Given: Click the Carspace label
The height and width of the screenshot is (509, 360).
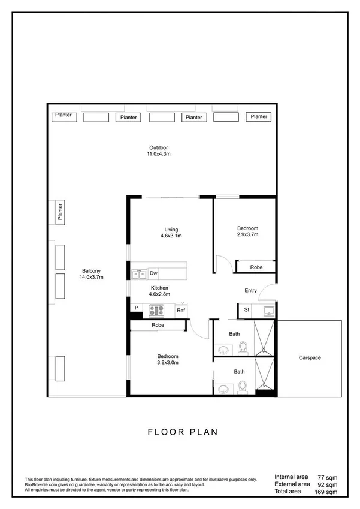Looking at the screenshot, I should [310, 358].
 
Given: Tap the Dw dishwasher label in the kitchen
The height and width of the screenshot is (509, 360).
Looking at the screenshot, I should [153, 274].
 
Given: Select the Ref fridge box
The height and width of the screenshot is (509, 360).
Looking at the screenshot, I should [180, 311].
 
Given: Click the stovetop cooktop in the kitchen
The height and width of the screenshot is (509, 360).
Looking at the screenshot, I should [157, 311].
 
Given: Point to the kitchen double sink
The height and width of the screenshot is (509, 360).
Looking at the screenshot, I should [140, 274].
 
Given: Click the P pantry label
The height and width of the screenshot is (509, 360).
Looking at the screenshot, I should [137, 308].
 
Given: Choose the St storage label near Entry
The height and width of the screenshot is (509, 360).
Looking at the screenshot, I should [246, 310].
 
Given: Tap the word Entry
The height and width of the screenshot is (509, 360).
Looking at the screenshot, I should [250, 291].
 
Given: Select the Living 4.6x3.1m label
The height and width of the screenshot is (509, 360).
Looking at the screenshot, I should [171, 233].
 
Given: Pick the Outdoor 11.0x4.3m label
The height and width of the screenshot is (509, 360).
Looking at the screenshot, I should [159, 150].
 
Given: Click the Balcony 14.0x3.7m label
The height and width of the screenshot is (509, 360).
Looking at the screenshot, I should [92, 273].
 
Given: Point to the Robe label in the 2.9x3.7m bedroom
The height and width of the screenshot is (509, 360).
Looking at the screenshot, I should [256, 267].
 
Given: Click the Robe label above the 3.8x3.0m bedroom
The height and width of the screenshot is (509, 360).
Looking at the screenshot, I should [158, 325].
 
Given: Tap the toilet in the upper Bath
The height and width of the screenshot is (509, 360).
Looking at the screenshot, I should [243, 347].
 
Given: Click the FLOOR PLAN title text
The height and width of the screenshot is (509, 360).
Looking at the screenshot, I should [182, 432].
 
